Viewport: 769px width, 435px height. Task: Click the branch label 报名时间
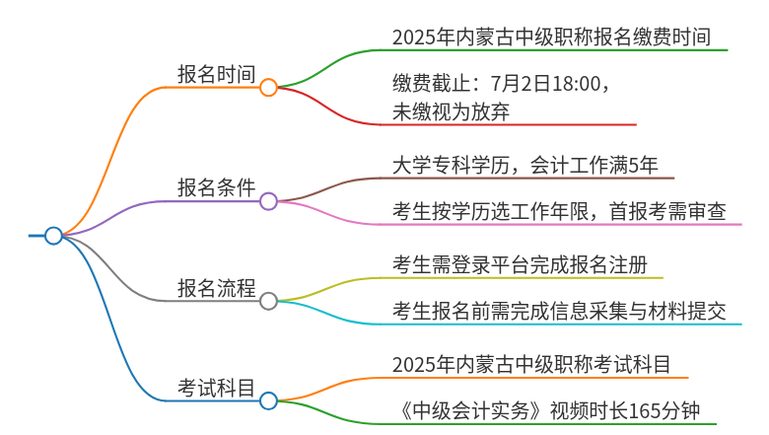pos(216,75)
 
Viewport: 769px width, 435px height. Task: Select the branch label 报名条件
pos(216,187)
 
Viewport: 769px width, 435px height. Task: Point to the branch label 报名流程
pos(216,288)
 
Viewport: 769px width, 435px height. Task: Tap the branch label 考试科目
pos(216,388)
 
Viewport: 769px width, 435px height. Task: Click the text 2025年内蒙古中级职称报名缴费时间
pos(551,37)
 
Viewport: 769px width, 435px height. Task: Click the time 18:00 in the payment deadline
pos(577,84)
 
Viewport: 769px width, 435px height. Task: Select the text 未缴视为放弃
pos(452,111)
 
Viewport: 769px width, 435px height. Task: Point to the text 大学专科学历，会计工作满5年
pos(524,166)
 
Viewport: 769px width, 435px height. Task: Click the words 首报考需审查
pos(667,212)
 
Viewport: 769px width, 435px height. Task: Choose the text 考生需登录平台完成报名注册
pos(520,264)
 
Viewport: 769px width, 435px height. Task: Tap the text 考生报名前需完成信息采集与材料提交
pos(559,312)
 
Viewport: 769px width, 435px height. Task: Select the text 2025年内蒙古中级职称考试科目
pos(531,365)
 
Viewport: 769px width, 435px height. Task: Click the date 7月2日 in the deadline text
pos(521,84)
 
